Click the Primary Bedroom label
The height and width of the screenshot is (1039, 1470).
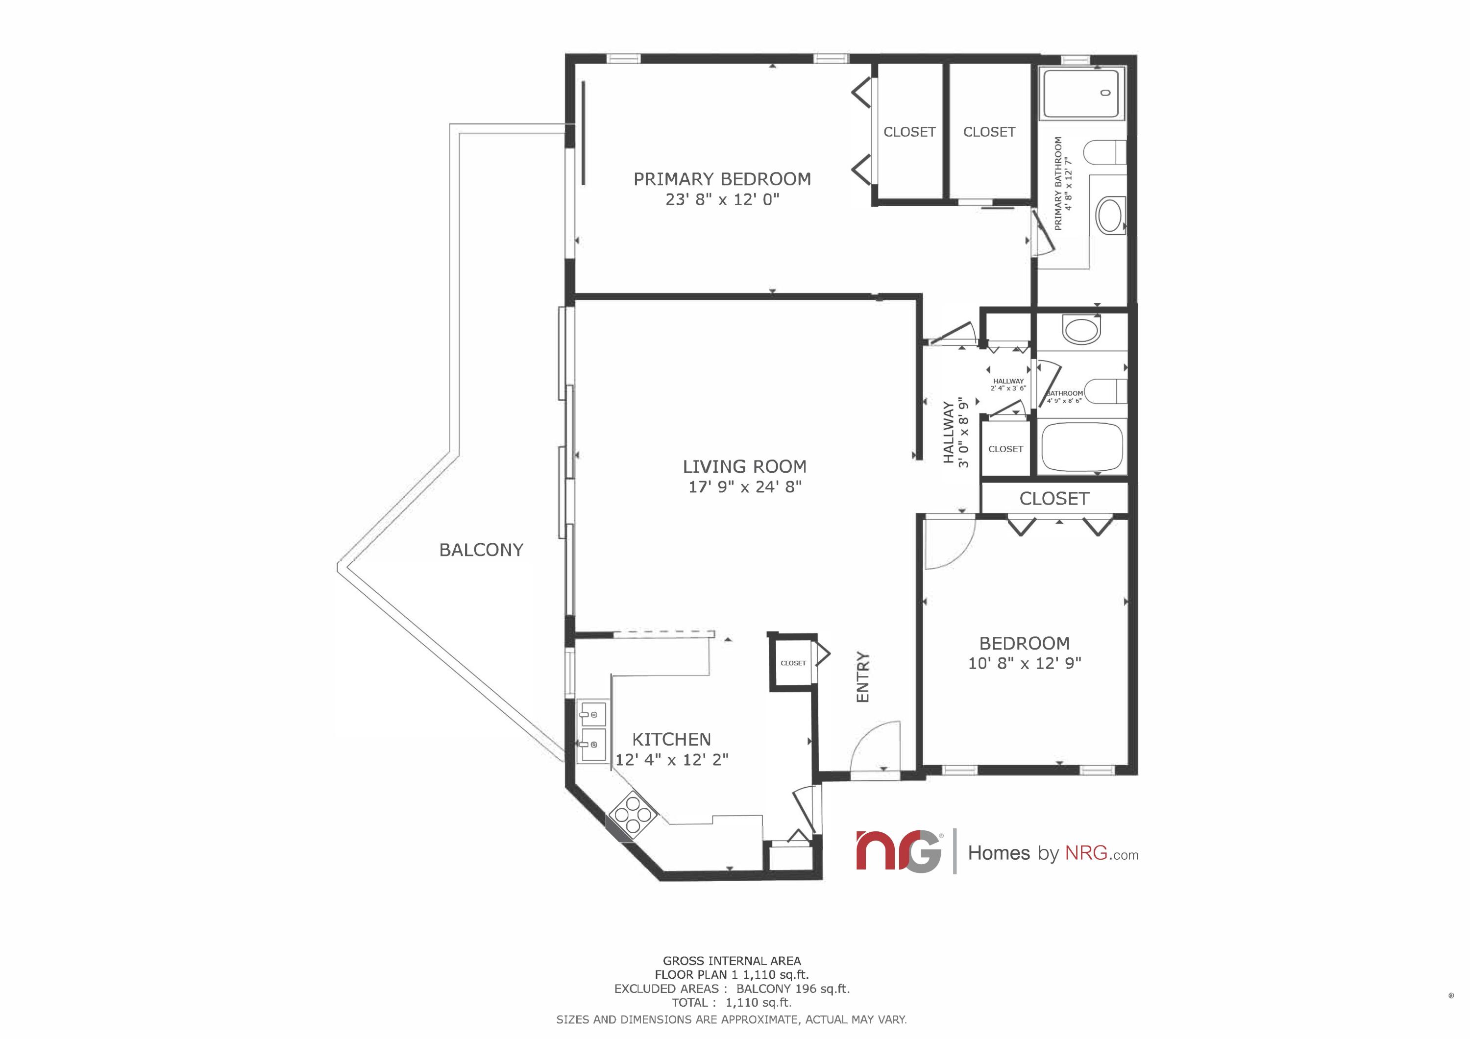(722, 179)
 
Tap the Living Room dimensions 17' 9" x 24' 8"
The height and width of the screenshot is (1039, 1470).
(745, 487)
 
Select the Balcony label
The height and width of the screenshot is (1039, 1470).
(481, 550)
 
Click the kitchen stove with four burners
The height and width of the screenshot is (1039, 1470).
(633, 815)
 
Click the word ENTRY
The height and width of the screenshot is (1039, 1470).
(863, 677)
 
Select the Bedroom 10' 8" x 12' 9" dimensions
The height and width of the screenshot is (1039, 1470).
(1025, 663)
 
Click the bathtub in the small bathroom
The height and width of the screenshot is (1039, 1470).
(1082, 446)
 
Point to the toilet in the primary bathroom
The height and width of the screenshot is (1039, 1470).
(1104, 153)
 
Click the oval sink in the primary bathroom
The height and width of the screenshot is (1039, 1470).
(1111, 215)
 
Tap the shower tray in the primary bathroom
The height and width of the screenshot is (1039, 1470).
(1081, 94)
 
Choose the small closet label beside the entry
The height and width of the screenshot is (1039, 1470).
(793, 663)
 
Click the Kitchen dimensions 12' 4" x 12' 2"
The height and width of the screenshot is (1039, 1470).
(672, 760)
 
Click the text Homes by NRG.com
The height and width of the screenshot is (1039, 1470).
(1053, 853)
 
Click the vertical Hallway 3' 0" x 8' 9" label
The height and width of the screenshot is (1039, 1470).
(956, 434)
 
